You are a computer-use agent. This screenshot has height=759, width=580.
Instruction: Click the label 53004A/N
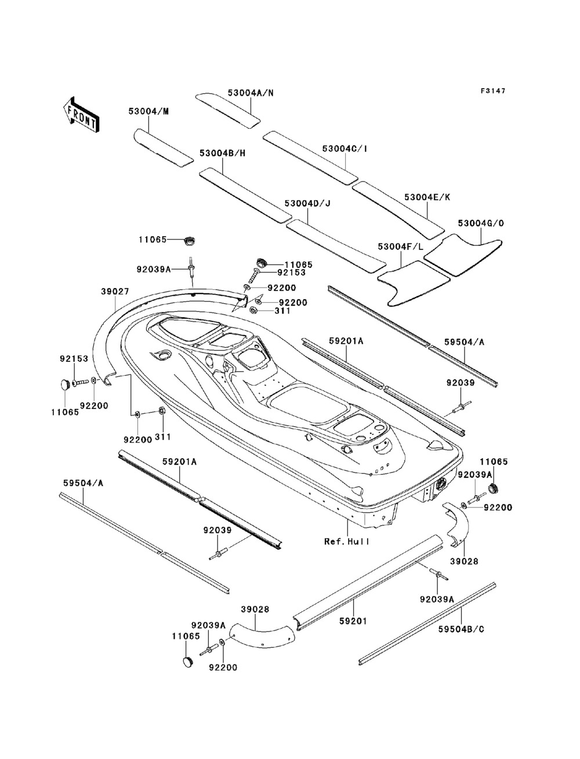pos(251,93)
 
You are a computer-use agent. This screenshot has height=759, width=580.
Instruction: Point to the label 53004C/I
pos(345,148)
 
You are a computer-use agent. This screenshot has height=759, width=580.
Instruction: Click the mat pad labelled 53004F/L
pos(413,284)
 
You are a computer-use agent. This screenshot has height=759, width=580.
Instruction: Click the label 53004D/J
pos(307,204)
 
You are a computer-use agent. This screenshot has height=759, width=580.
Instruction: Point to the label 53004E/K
pos(427,197)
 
